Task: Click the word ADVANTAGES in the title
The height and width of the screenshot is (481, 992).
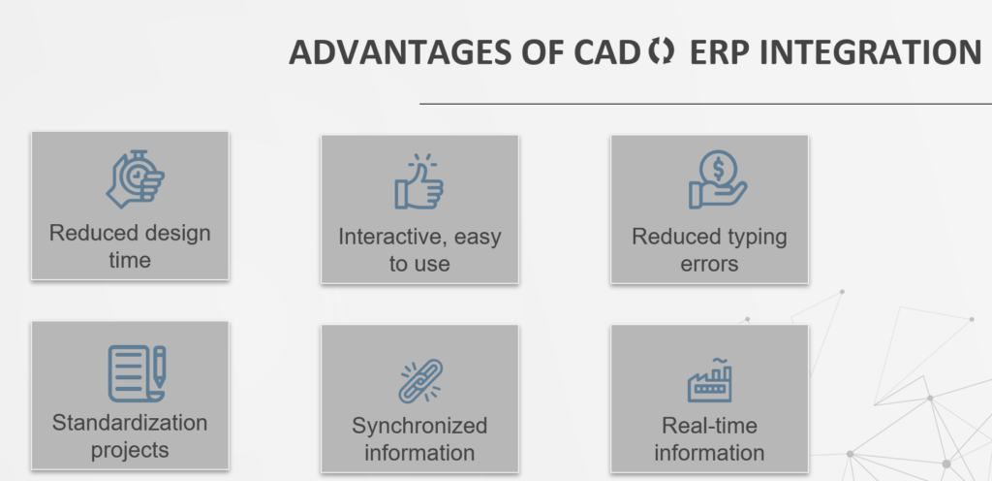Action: point(400,52)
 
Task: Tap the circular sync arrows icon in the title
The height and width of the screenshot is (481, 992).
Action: point(661,50)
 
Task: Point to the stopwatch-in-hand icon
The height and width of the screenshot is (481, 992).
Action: point(136,179)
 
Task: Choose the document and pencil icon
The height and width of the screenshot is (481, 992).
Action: point(137,373)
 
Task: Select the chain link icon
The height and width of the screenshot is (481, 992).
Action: point(420,381)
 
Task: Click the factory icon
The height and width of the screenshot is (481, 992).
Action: point(710,380)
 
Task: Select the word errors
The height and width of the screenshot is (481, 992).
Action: point(709,264)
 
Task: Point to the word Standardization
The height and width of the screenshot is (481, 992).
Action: point(130,423)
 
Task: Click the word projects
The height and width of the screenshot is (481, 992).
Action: point(130,451)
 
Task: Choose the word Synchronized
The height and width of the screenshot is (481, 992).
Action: point(419,426)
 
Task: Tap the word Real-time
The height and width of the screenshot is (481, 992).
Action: point(709,426)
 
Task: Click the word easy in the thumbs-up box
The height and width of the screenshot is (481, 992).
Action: point(478,238)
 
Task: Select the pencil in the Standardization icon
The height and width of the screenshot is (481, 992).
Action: point(160,368)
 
